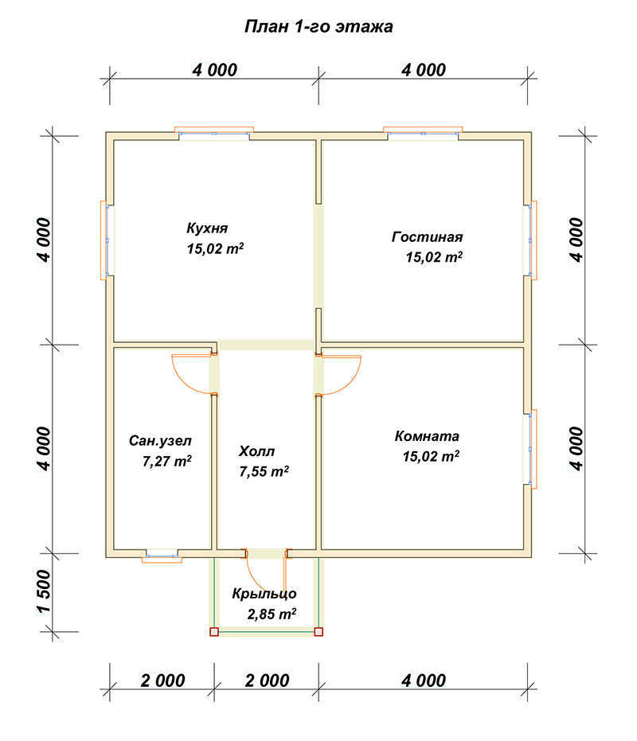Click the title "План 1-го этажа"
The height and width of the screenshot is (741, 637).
318,26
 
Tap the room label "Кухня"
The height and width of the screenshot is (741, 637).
207,228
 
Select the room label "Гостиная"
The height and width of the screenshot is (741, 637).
427,236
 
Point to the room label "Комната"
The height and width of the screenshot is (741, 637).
427,435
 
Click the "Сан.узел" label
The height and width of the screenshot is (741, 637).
160,441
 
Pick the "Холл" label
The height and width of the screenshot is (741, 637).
256,451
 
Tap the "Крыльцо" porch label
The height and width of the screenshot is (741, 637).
264,594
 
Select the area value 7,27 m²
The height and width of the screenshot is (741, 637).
167,461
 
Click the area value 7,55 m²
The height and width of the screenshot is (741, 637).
264,471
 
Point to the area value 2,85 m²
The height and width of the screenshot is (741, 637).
272,614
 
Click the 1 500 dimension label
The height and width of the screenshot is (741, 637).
44,591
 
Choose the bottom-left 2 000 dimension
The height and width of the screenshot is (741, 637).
162,681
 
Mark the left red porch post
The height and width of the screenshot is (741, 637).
214,632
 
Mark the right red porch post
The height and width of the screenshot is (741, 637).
318,632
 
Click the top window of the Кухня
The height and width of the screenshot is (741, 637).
214,134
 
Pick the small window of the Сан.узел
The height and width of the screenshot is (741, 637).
162,556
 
